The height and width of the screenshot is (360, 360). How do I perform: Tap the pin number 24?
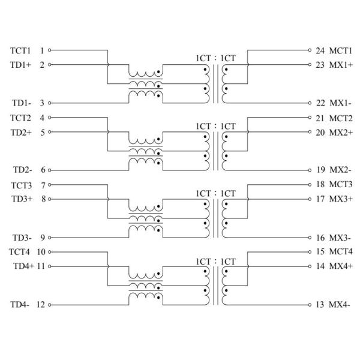pyautogui.click(x=320, y=50)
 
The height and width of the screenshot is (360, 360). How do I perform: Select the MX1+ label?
pyautogui.click(x=340, y=65)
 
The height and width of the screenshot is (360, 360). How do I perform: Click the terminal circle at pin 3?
pyautogui.click(x=49, y=103)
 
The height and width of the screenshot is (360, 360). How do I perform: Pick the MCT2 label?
pyautogui.click(x=341, y=118)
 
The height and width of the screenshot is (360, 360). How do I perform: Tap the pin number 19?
pyautogui.click(x=320, y=170)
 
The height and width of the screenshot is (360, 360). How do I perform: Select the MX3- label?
pyautogui.click(x=339, y=238)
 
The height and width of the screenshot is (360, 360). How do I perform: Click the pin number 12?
pyautogui.click(x=41, y=305)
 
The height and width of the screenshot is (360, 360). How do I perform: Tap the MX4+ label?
pyautogui.click(x=340, y=266)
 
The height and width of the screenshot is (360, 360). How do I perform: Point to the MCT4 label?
pyautogui.click(x=341, y=252)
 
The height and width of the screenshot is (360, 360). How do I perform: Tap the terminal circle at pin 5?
pyautogui.click(x=49, y=132)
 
